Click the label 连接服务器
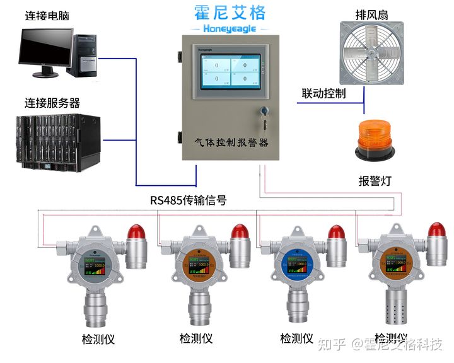coord(52,103)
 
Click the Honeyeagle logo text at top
coord(228,28)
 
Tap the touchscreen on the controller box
coord(228,72)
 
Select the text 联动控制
coord(323,94)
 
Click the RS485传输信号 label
coord(189,200)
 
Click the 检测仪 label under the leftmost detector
coord(98,338)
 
